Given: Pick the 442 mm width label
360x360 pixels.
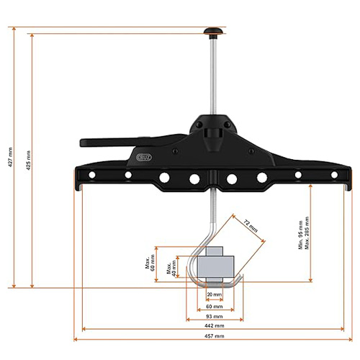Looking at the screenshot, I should tap(215, 326).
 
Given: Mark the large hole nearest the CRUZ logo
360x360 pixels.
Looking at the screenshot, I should tap(164, 176).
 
